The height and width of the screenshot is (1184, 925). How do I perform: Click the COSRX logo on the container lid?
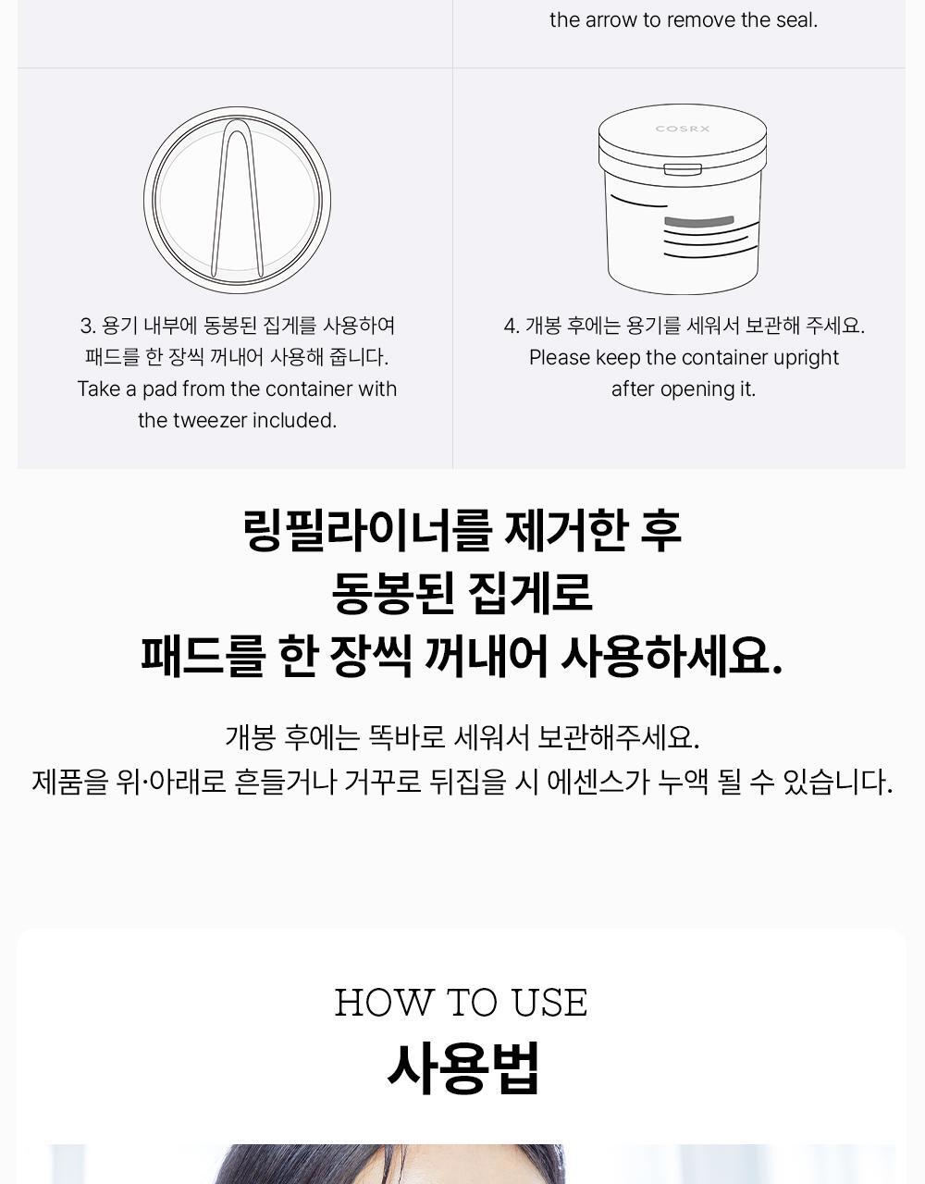pyautogui.click(x=683, y=129)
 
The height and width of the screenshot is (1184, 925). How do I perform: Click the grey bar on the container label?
pyautogui.click(x=699, y=221)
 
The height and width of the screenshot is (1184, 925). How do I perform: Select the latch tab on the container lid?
pyautogui.click(x=683, y=169)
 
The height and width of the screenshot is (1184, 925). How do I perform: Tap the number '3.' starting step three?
pyautogui.click(x=88, y=327)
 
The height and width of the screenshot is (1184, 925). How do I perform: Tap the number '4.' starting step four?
pyautogui.click(x=512, y=327)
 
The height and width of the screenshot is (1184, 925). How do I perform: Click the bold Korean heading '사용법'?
pyautogui.click(x=462, y=1068)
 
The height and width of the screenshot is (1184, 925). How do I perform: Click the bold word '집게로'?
pyautogui.click(x=529, y=593)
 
